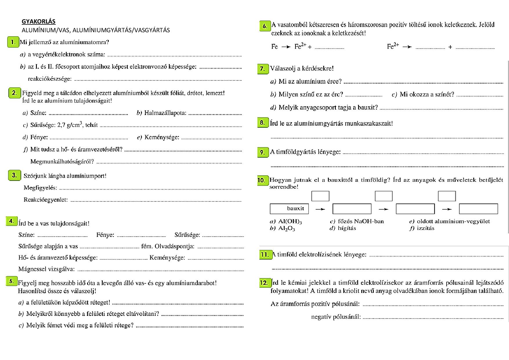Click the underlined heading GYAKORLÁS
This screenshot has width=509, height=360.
click(39, 21)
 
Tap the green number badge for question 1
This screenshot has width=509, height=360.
click(13, 42)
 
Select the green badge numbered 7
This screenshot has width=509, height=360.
click(263, 69)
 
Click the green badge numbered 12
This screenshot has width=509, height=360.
click(264, 283)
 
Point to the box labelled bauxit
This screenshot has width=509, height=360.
click(289, 209)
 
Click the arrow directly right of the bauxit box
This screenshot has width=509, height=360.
click(320, 209)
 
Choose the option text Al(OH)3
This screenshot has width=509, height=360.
click(290, 222)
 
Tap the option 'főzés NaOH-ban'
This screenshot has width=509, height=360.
click(361, 221)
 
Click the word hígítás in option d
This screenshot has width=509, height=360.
click(347, 228)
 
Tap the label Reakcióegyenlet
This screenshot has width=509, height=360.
click(46, 200)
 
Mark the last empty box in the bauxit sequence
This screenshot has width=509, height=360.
click(478, 209)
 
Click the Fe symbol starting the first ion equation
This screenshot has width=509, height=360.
click(275, 47)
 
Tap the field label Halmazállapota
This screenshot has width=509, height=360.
click(165, 113)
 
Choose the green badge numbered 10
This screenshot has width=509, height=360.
click(261, 180)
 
